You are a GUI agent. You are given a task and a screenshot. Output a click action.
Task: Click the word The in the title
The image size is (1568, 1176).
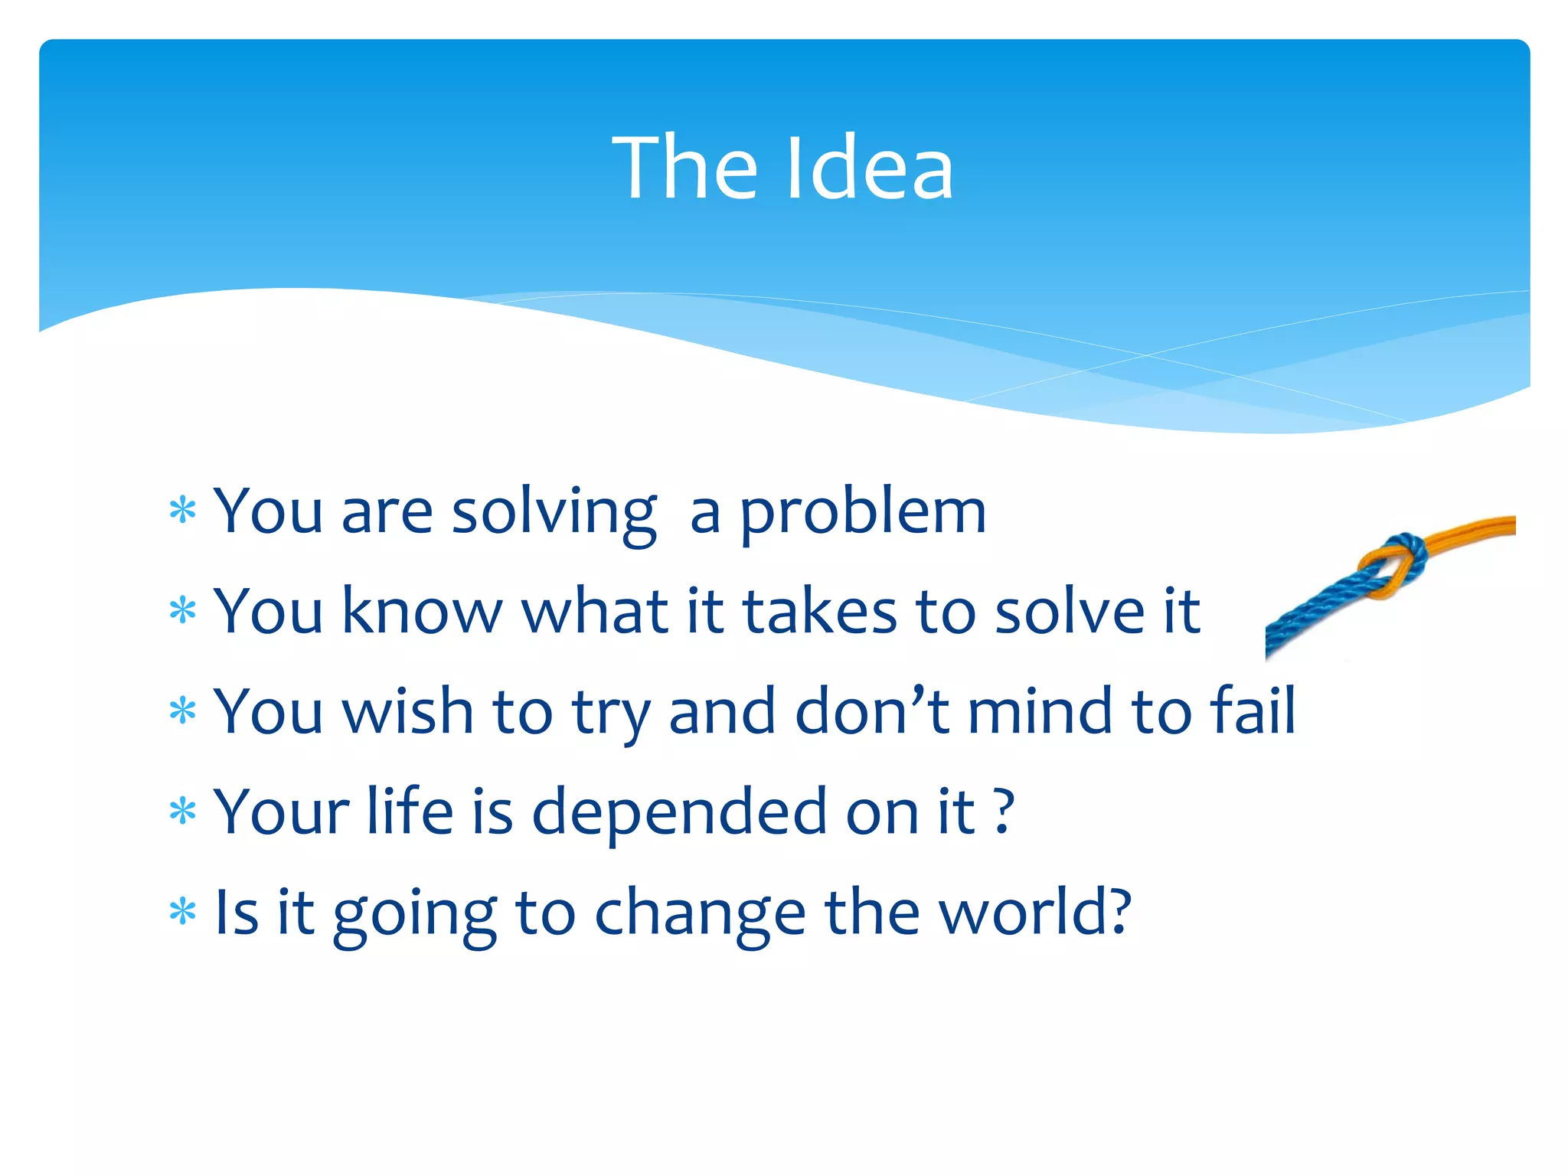click(x=684, y=168)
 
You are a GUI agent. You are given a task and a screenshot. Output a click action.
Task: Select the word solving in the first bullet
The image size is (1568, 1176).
click(x=554, y=513)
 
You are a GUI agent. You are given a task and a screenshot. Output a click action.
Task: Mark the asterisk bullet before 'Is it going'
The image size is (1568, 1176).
click(x=183, y=912)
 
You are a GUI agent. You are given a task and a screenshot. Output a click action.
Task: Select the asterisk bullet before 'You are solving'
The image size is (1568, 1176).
click(x=183, y=511)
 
